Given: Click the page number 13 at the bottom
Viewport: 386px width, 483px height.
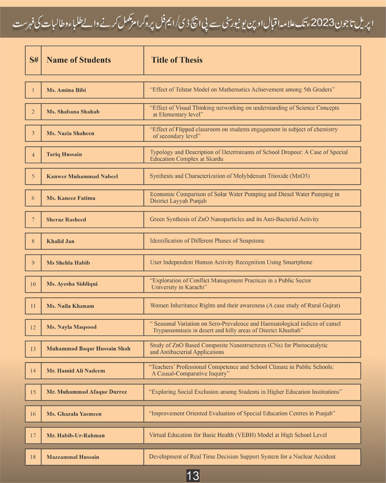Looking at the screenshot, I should (193, 476).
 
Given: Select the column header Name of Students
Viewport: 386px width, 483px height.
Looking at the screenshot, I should (79, 60).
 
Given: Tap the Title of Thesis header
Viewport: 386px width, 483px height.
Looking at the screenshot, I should (177, 60).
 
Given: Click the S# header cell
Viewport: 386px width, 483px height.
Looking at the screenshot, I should (33, 60).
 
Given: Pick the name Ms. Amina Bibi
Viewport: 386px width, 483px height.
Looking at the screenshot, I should (67, 90).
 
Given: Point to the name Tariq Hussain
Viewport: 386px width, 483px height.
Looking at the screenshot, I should (64, 155).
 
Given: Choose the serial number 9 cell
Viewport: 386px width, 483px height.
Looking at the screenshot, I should (33, 263).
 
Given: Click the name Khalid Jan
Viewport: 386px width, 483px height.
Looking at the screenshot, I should (60, 241).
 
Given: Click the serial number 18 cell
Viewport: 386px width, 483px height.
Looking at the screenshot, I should (33, 457).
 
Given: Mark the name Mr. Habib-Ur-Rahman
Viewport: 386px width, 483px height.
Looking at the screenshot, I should (75, 436).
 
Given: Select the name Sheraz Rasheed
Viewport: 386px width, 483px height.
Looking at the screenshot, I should (66, 220).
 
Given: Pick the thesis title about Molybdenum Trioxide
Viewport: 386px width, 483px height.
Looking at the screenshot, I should (229, 176).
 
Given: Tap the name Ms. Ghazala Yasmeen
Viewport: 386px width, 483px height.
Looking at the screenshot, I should (74, 414).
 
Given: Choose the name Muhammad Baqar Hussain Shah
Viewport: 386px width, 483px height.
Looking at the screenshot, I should (88, 349).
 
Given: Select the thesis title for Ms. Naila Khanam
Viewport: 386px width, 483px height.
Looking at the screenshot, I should (245, 305).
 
